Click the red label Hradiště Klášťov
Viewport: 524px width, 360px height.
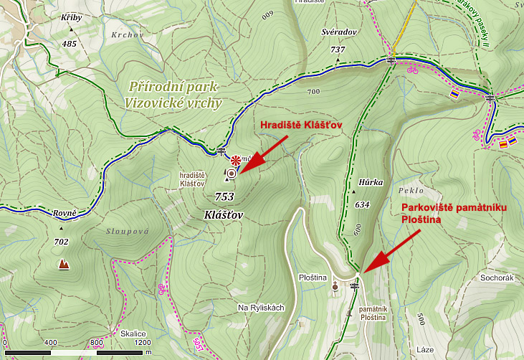point(300,124)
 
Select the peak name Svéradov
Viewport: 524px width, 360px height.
point(338,33)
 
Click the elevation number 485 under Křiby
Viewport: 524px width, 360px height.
point(70,44)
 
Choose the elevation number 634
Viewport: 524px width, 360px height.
point(362,204)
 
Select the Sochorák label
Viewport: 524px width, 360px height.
point(498,277)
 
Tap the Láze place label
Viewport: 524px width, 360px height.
point(426,350)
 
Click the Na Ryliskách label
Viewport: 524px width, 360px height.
point(261,308)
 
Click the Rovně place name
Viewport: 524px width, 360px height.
point(65,213)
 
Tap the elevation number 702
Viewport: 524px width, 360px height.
point(61,242)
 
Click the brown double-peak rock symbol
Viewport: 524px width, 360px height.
point(65,265)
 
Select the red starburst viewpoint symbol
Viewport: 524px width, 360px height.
point(234,159)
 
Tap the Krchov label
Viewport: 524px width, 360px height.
point(128,34)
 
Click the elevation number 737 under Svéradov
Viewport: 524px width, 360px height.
point(338,49)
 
